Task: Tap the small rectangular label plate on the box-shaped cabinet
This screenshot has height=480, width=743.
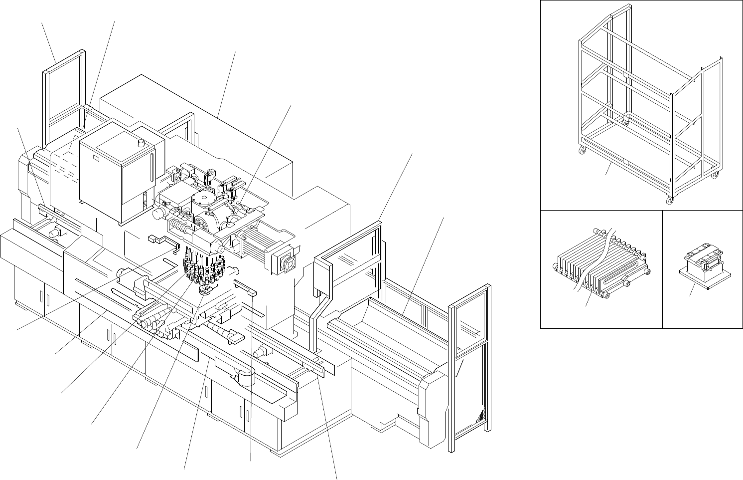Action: tap(96, 159)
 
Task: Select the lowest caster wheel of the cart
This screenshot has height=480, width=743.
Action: tap(669, 201)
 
